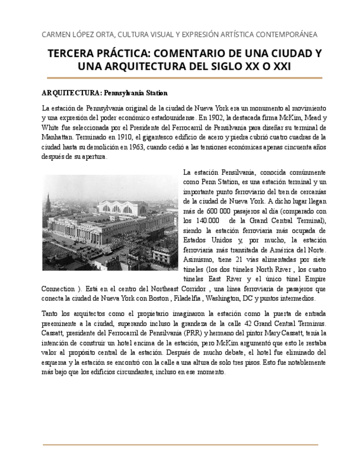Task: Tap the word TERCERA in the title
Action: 74,54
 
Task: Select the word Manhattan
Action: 59,137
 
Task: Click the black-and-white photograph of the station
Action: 110,222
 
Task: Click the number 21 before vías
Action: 237,259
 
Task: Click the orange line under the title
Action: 184,79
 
